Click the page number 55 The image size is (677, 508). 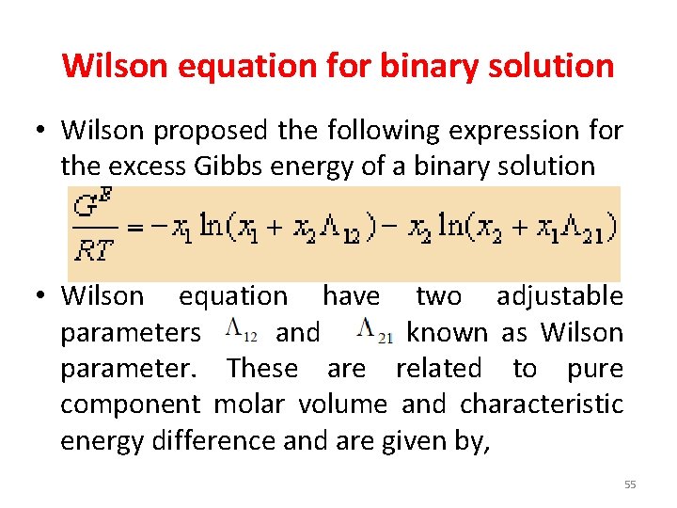pyautogui.click(x=629, y=484)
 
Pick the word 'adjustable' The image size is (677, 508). pyautogui.click(x=559, y=296)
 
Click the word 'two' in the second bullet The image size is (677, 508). pyautogui.click(x=438, y=296)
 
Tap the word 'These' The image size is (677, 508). pyautogui.click(x=262, y=368)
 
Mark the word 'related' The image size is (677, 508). pyautogui.click(x=439, y=368)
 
